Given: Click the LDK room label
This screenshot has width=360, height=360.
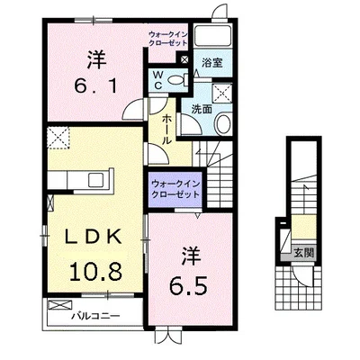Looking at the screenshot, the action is click(x=94, y=237).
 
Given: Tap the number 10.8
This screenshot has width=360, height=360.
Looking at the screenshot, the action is click(x=95, y=271).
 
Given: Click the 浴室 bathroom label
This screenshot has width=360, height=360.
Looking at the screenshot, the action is click(x=211, y=63).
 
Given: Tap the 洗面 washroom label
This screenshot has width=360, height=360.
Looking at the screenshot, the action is click(x=202, y=109).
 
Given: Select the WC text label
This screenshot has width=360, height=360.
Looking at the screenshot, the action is click(x=158, y=80).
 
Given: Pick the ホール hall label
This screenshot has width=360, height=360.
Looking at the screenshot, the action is click(x=166, y=130).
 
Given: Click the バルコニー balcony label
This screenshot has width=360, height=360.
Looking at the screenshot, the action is click(x=95, y=316).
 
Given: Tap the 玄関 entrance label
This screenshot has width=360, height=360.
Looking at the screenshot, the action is click(x=303, y=254).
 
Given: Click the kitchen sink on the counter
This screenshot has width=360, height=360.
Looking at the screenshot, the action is click(x=95, y=180).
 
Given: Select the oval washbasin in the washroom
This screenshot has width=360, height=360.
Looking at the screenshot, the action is click(x=223, y=124).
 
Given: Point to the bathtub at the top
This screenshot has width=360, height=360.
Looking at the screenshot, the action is click(x=212, y=36).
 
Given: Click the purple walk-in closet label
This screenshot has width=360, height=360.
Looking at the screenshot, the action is click(x=175, y=189).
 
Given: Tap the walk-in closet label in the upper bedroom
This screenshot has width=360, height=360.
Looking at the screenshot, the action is click(x=168, y=39).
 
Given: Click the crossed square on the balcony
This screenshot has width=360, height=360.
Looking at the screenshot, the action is click(x=60, y=305).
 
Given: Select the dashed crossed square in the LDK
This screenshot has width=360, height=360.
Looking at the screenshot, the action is click(x=58, y=138).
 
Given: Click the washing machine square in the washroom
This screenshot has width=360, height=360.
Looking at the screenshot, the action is click(x=222, y=94).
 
